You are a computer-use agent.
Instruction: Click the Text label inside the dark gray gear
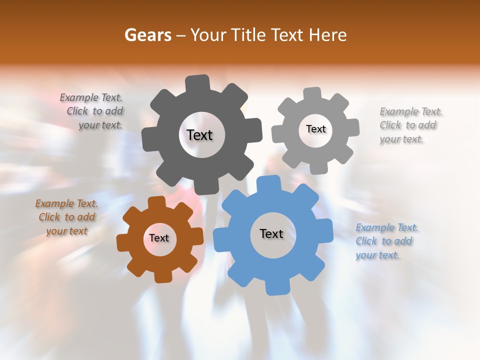199,135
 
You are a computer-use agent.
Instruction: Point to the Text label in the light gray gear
315,129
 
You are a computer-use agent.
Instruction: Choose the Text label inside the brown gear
159,238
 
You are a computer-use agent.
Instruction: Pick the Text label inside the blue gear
271,233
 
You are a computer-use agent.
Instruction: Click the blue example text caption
386,241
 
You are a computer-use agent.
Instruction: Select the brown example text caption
66,217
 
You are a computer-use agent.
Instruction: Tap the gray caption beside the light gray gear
410,125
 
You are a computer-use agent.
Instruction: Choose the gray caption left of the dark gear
92,111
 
